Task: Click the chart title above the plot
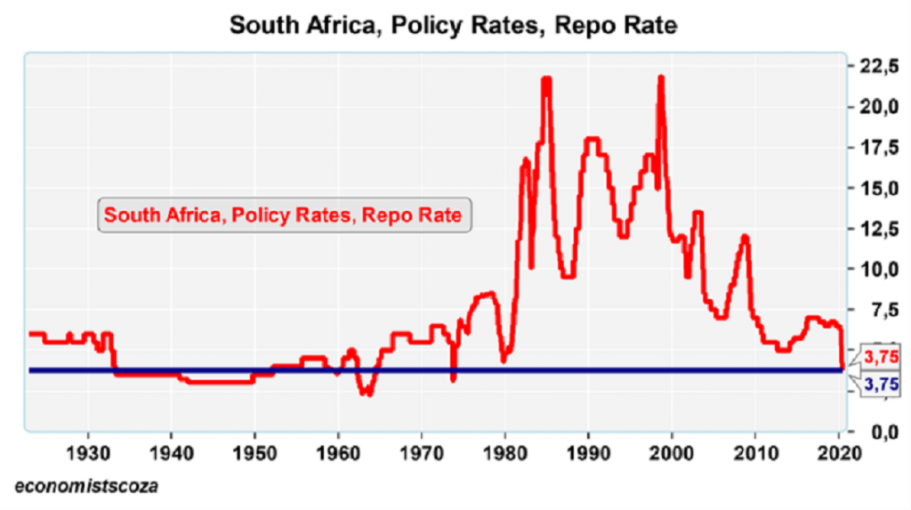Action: (x=454, y=25)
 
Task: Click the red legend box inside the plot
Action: (x=283, y=215)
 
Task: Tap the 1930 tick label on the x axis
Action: (x=88, y=451)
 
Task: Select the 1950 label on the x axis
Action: (x=254, y=451)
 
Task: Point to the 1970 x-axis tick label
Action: (x=422, y=451)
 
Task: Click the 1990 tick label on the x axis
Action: (x=588, y=451)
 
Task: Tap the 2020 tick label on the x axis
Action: (x=837, y=451)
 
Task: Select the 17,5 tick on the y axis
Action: (x=879, y=148)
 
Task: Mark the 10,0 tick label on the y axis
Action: (x=879, y=270)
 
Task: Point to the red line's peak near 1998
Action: (x=661, y=77)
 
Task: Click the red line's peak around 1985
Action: (x=546, y=79)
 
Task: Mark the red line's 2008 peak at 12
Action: (x=745, y=237)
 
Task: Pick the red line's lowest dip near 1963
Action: (x=366, y=393)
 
